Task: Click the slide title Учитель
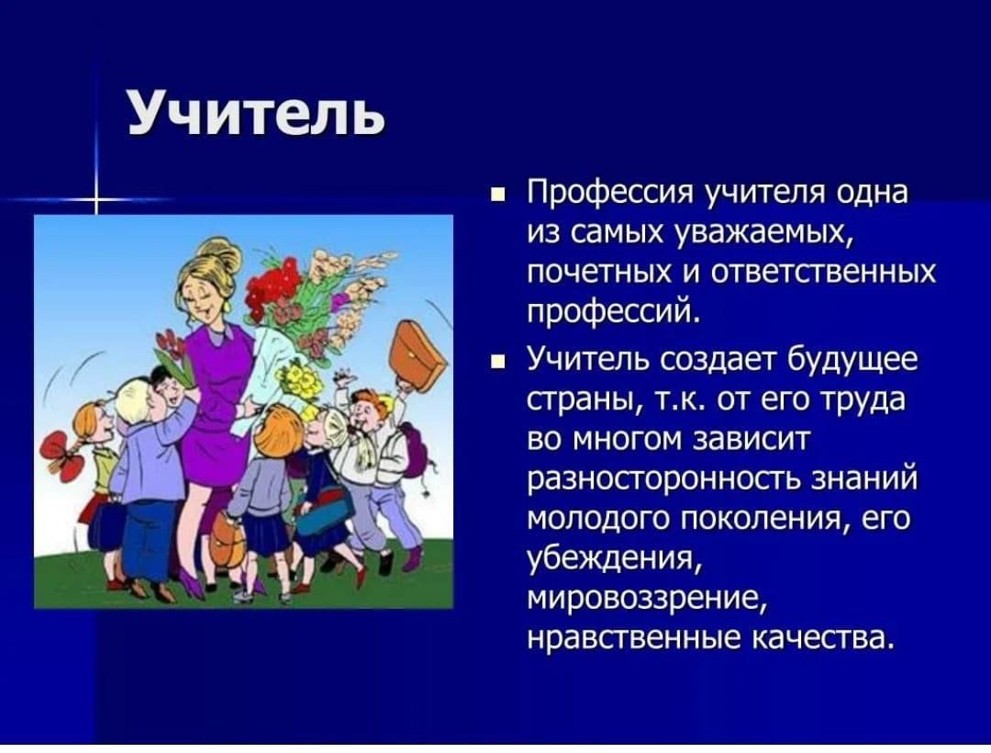pyautogui.click(x=255, y=112)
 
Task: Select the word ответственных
pyautogui.click(x=823, y=273)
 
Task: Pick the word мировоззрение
pyautogui.click(x=645, y=599)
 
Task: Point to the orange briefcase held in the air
pyautogui.click(x=417, y=356)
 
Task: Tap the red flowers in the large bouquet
pyautogui.click(x=272, y=284)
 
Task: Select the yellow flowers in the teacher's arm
pyautogui.click(x=302, y=380)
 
